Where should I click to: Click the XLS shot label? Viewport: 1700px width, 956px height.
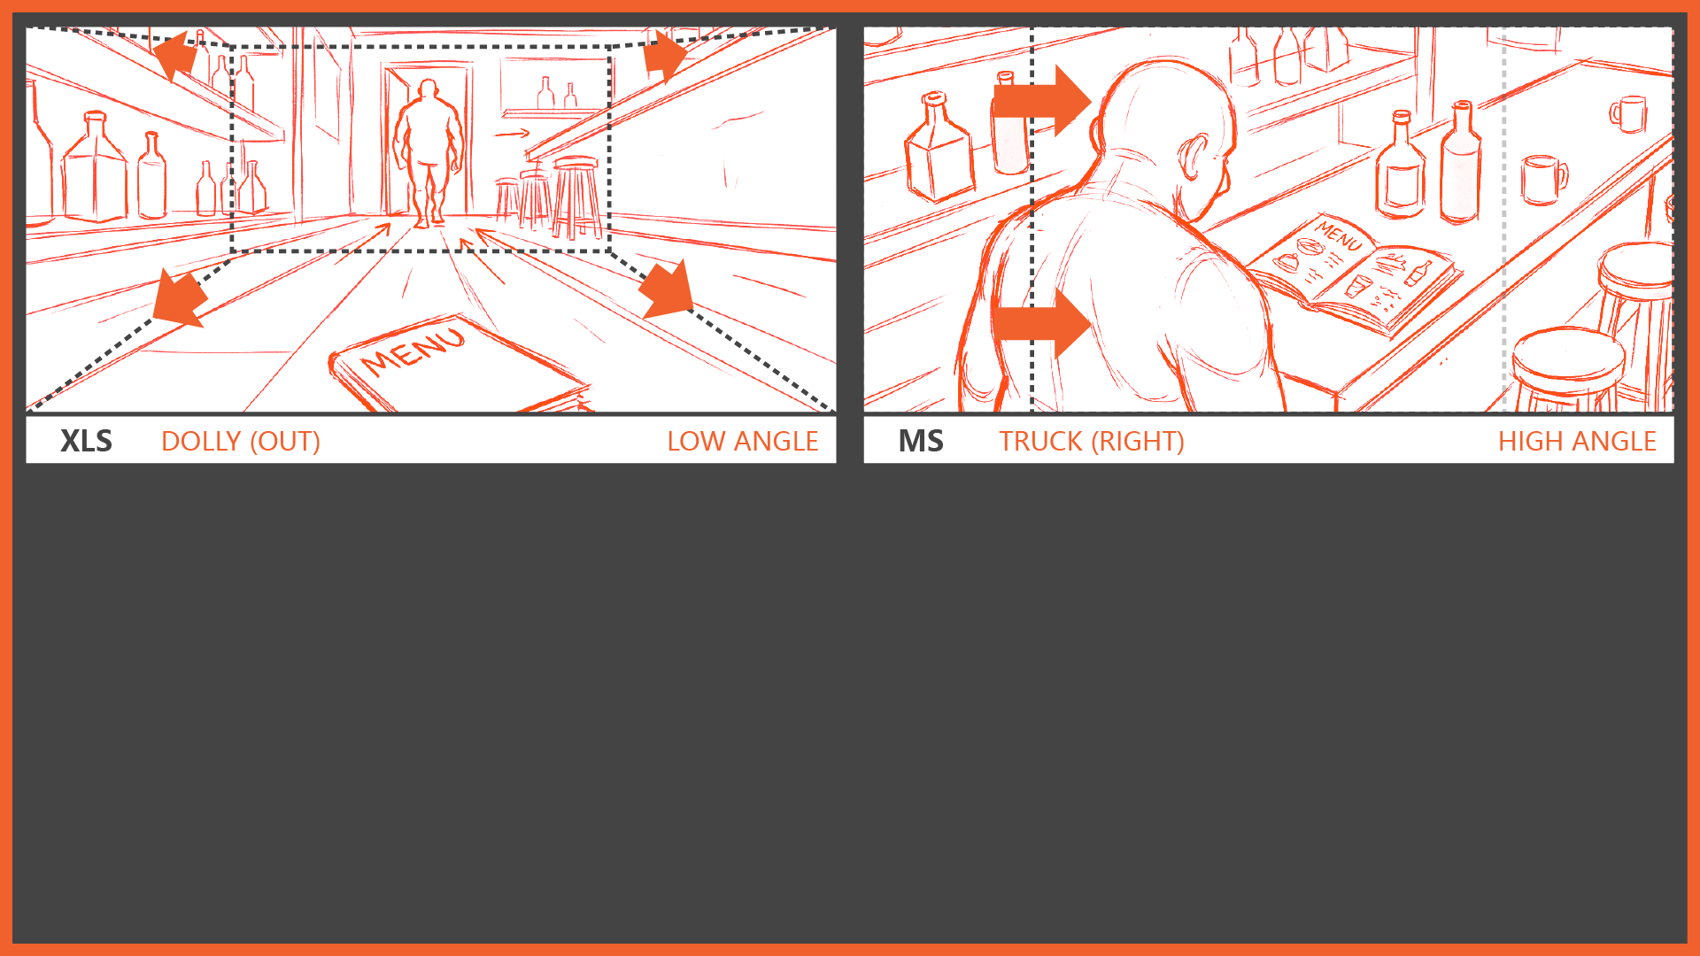(x=86, y=441)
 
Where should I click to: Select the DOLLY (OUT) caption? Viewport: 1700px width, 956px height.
(x=241, y=441)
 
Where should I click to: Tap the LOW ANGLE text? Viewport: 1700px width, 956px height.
(x=742, y=441)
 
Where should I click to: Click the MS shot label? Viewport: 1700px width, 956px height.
(x=921, y=441)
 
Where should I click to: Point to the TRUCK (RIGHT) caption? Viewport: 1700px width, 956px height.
(x=1092, y=441)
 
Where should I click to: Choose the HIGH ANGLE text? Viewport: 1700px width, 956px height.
(x=1577, y=441)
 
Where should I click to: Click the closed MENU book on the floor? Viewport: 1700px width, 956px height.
(x=458, y=365)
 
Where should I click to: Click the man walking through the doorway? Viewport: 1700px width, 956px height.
(x=429, y=152)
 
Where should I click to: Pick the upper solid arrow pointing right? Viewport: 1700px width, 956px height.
(x=1041, y=100)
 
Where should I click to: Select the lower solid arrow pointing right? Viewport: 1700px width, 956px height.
(x=1041, y=323)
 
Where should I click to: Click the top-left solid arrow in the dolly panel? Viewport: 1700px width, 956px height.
(x=174, y=54)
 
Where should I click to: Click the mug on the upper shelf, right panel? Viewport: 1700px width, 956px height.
(x=1628, y=113)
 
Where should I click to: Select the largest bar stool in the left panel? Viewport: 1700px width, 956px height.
(x=576, y=197)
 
